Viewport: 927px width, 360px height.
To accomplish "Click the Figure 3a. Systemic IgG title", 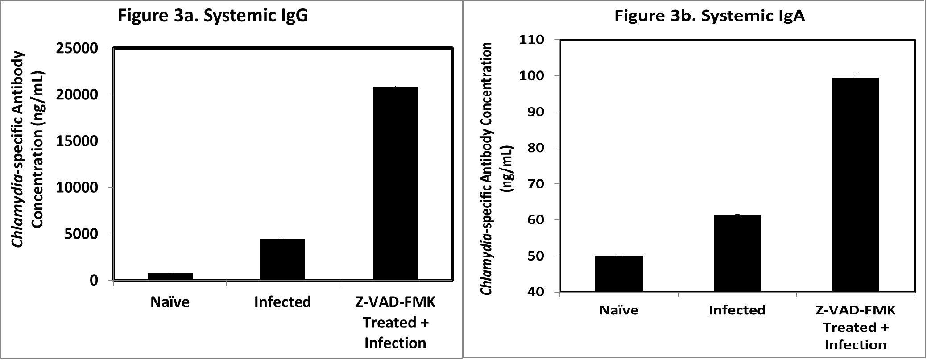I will [x=212, y=16].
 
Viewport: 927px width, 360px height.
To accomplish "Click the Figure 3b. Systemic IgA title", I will [x=709, y=16].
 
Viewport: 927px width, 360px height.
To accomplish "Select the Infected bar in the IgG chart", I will [x=282, y=259].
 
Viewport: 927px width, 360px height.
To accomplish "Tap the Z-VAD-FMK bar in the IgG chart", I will [x=395, y=183].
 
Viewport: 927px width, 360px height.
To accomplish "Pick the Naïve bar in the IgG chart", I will [x=170, y=277].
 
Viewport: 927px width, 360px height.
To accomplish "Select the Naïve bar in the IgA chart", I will [x=619, y=273].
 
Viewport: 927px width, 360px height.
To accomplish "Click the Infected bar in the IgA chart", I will [x=737, y=253].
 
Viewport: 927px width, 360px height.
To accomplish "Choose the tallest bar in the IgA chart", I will [x=855, y=185].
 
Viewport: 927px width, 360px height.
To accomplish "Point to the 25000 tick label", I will [x=77, y=49].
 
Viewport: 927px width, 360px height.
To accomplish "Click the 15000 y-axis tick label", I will [x=77, y=141].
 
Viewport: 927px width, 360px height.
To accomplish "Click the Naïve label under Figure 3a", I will [x=170, y=302].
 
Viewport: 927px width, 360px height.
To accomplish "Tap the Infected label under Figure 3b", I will [x=737, y=310].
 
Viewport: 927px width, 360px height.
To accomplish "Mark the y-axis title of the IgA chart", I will [x=496, y=169].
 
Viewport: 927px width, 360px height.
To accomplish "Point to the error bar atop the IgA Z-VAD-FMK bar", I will [x=856, y=75].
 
